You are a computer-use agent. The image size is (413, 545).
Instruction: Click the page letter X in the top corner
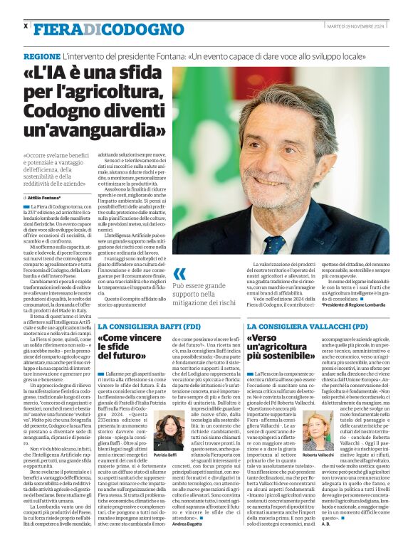(x=26, y=26)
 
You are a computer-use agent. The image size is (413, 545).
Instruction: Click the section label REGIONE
(x=41, y=55)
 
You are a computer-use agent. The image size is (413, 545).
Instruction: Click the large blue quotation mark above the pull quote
(x=180, y=273)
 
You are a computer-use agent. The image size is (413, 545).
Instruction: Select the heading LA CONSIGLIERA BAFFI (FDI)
(x=139, y=326)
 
